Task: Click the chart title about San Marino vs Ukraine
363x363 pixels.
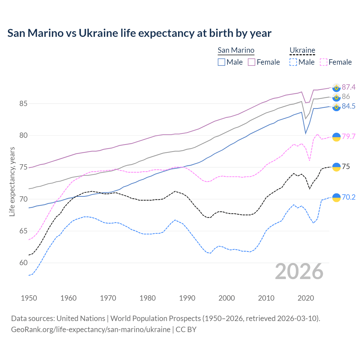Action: [139, 33]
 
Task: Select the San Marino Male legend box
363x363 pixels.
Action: [221, 62]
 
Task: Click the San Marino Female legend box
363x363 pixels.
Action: [252, 62]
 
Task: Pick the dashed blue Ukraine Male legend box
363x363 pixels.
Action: [293, 62]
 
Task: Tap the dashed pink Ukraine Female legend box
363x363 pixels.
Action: [324, 62]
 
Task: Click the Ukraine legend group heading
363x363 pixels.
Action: [302, 50]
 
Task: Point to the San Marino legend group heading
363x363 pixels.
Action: [236, 50]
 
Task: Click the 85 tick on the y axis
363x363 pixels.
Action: [23, 104]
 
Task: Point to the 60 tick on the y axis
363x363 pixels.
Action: [23, 263]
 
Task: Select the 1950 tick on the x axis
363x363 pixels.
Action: [29, 298]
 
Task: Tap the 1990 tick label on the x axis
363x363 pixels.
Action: [187, 298]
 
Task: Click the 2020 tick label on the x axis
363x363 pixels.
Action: [306, 298]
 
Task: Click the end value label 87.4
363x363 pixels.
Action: [349, 87]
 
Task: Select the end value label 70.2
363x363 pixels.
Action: [349, 197]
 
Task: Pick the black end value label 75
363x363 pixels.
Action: [346, 166]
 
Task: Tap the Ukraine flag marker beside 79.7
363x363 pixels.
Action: [336, 137]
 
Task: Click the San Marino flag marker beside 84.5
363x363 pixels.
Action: [336, 107]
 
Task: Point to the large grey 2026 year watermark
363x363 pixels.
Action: [299, 272]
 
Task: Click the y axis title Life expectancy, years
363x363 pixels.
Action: [12, 181]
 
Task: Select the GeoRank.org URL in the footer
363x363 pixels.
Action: [91, 330]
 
